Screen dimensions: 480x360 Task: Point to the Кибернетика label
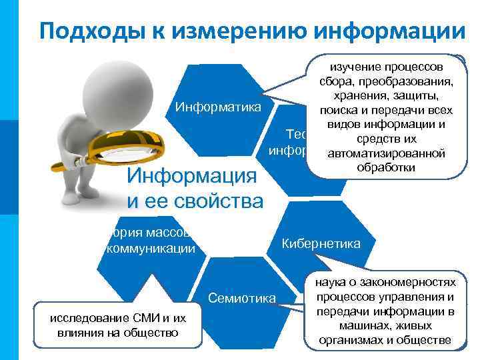pos(321,243)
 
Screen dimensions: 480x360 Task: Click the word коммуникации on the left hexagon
pos(151,249)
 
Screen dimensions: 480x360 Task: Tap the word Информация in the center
pos(192,177)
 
